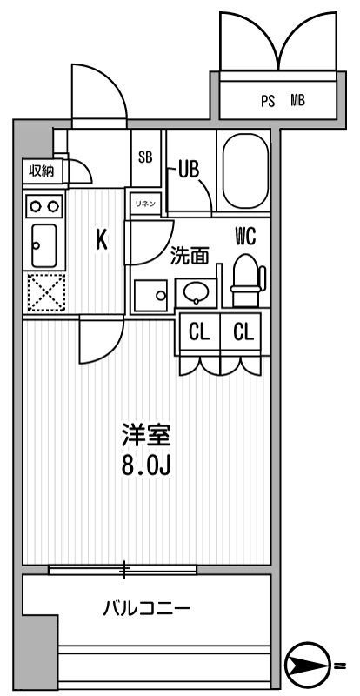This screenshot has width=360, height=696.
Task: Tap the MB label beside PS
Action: click(x=297, y=101)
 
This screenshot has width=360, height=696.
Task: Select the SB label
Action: click(x=145, y=157)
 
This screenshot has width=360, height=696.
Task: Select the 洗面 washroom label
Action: click(x=190, y=256)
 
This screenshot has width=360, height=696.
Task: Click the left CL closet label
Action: click(x=198, y=332)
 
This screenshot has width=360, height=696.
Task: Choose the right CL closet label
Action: click(x=243, y=332)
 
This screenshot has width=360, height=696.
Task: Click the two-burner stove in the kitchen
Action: click(x=43, y=206)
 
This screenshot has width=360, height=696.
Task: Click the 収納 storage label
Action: click(x=40, y=171)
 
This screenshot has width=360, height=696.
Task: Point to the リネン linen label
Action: click(x=144, y=203)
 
